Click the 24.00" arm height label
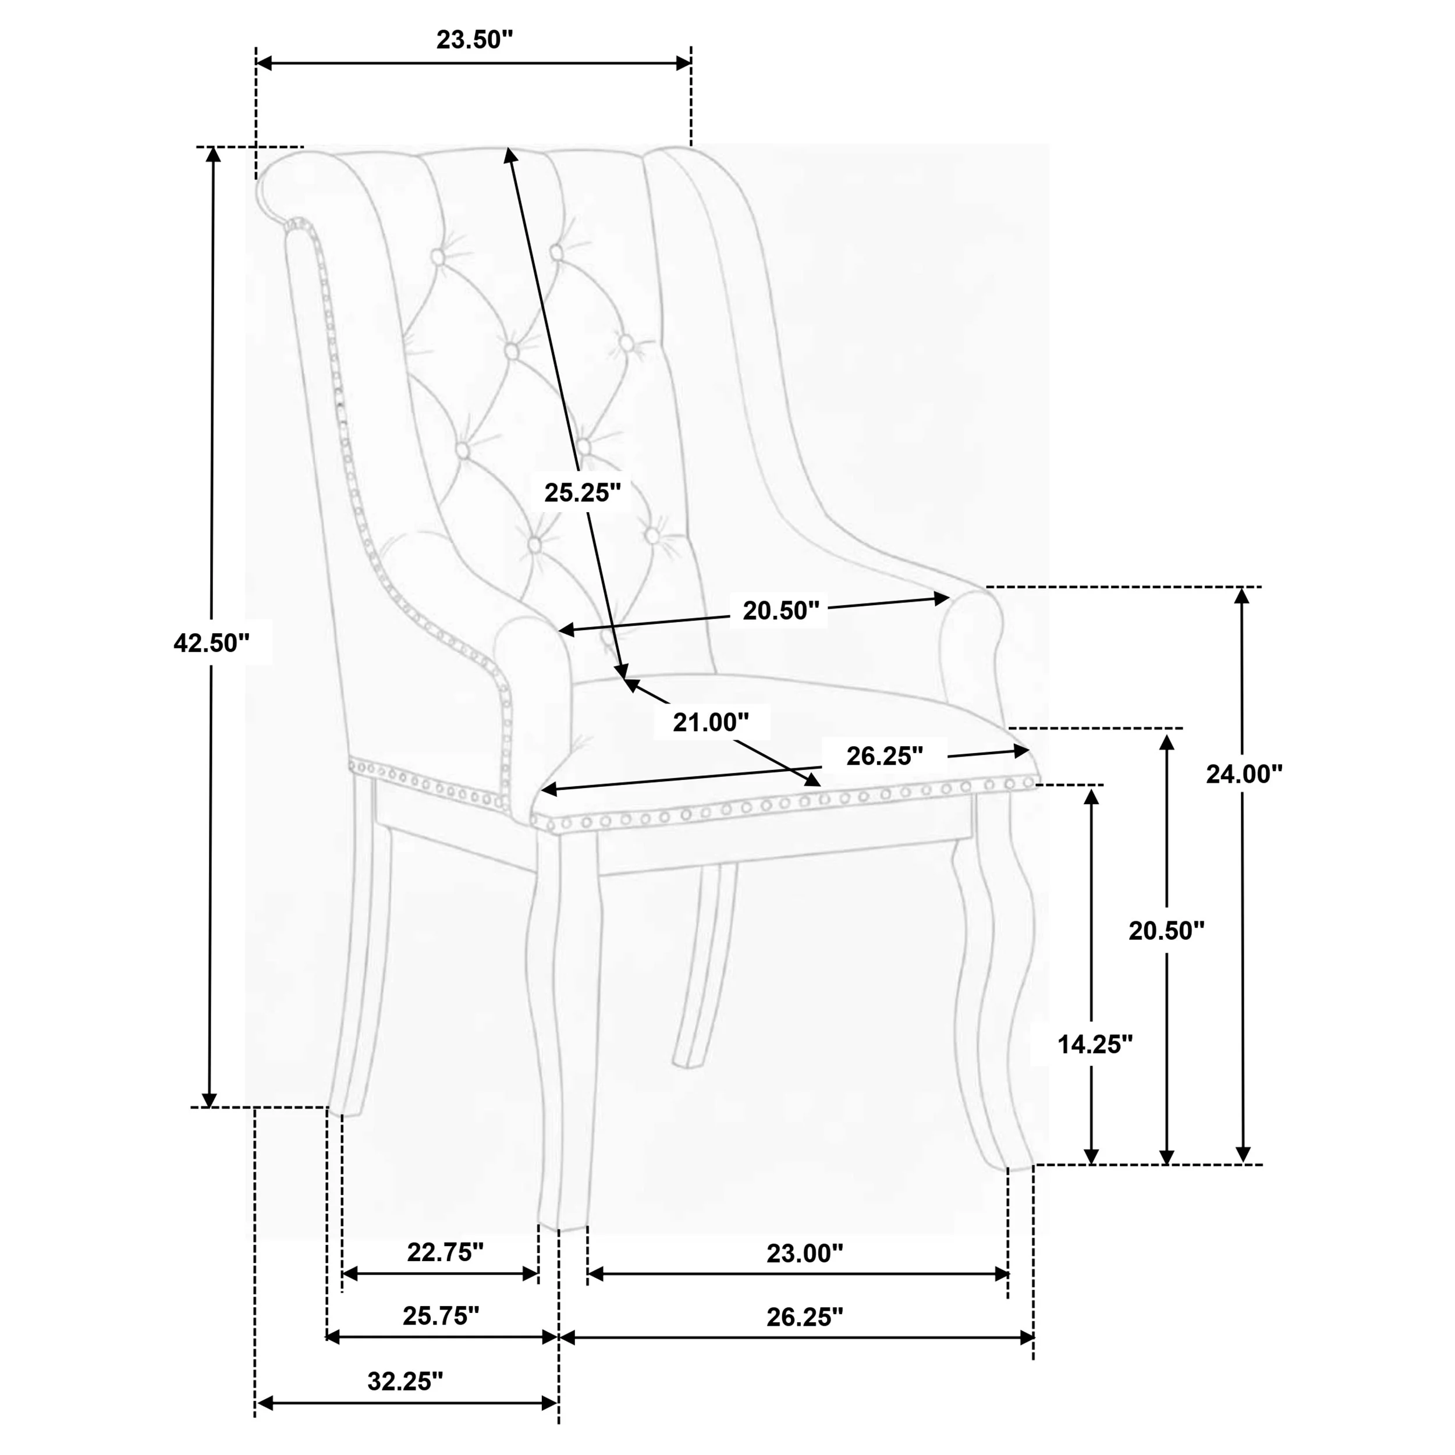[1244, 773]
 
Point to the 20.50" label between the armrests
[780, 611]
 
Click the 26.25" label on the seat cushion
[884, 755]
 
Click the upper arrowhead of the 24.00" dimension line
[1243, 596]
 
